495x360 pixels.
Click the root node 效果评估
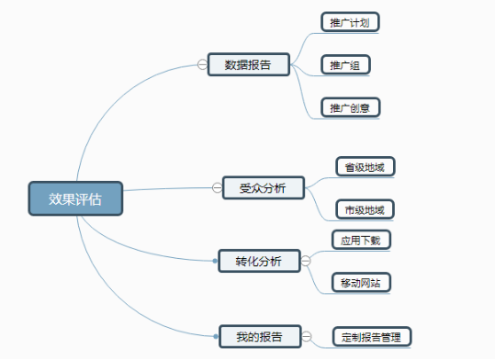75,197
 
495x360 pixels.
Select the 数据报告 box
248,64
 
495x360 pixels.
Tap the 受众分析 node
263,188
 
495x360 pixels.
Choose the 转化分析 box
259,261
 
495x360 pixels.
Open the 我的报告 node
259,336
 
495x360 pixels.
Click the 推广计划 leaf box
350,22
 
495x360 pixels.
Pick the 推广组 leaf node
345,65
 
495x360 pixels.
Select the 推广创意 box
350,107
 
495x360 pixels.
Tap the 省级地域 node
365,167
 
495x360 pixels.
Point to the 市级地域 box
365,209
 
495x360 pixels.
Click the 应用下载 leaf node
360,241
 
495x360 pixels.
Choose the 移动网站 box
362,281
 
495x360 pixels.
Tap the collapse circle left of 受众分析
217,188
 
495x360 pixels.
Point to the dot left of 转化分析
215,261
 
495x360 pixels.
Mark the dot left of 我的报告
215,337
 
